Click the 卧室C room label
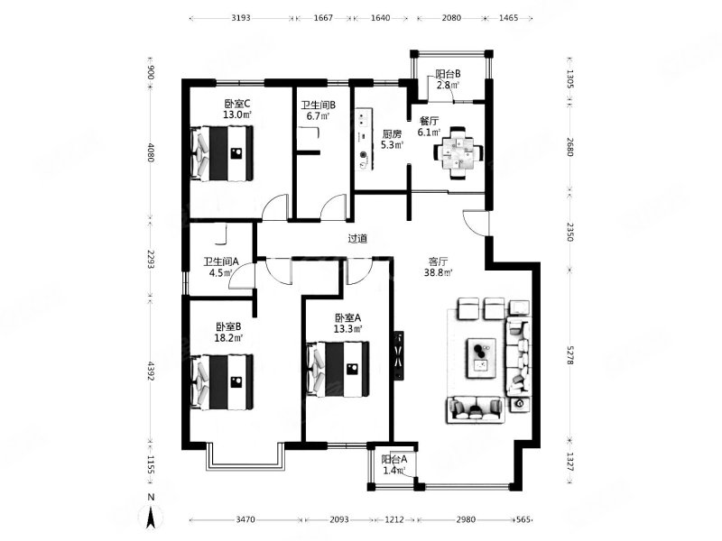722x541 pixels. pyautogui.click(x=237, y=103)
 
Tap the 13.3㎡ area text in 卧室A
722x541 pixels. pyautogui.click(x=348, y=329)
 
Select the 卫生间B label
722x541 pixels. pyautogui.click(x=319, y=105)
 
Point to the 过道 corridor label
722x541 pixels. pyautogui.click(x=357, y=239)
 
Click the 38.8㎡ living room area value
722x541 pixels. pyautogui.click(x=438, y=272)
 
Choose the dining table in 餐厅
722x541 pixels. pyautogui.click(x=458, y=152)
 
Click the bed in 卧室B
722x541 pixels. pyautogui.click(x=222, y=381)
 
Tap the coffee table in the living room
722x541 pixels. pyautogui.click(x=482, y=358)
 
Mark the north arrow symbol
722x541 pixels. pyautogui.click(x=151, y=515)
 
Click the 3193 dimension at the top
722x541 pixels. pyautogui.click(x=241, y=18)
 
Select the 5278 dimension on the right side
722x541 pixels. pyautogui.click(x=570, y=355)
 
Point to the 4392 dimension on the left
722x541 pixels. pyautogui.click(x=151, y=371)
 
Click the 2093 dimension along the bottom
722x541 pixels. pyautogui.click(x=339, y=519)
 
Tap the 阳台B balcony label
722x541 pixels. pyautogui.click(x=448, y=74)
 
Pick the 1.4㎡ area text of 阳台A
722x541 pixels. pyautogui.click(x=394, y=470)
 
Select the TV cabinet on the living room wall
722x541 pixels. pyautogui.click(x=399, y=355)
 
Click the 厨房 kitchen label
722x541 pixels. pyautogui.click(x=392, y=133)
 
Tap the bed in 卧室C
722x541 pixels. pyautogui.click(x=222, y=153)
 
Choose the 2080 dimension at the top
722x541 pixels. pyautogui.click(x=451, y=18)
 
